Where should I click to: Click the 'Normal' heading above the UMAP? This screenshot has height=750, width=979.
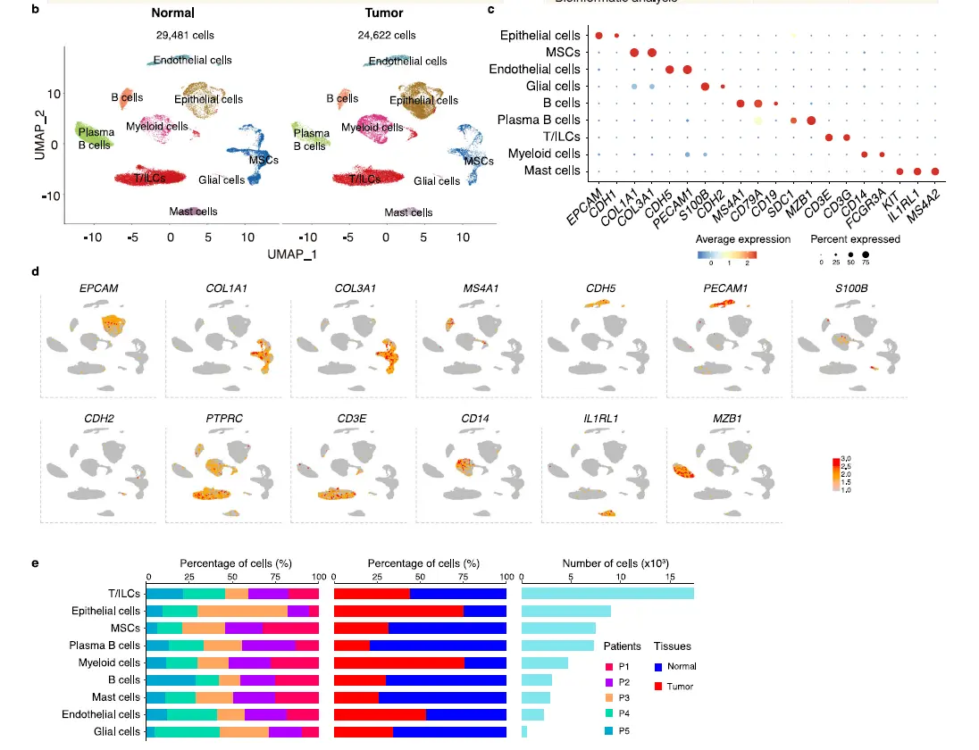172,14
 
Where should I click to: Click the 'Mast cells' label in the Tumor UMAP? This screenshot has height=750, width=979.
408,212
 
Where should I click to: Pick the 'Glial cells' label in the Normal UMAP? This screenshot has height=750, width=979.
222,179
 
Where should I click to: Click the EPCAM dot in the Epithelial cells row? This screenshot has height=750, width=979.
599,36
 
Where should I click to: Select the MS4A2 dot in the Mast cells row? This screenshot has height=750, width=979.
935,171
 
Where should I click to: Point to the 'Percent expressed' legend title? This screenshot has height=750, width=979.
855,239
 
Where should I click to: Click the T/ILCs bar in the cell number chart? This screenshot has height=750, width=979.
607,594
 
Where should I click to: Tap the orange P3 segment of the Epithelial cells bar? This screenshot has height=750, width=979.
242,612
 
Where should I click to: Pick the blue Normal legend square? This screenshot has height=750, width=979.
659,666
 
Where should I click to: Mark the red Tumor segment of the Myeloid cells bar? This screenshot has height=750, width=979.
399,662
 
